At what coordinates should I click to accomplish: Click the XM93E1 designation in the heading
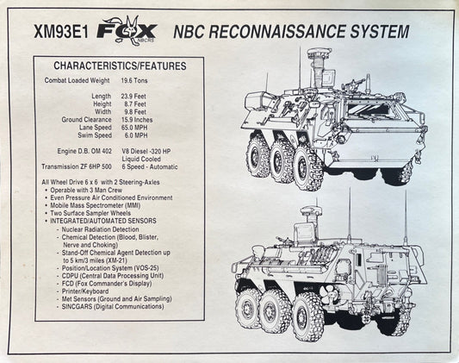61,31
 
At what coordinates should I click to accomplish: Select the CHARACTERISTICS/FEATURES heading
120,66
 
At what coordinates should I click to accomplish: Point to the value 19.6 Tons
134,80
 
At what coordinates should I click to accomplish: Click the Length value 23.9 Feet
133,96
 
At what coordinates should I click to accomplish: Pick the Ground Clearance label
86,120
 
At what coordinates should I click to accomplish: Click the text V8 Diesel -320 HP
146,151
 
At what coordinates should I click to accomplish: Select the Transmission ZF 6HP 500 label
77,166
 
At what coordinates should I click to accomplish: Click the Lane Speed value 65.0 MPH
134,128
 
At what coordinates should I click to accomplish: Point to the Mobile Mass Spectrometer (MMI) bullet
95,205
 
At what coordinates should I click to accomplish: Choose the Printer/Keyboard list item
85,291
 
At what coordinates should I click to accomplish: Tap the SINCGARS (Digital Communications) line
113,306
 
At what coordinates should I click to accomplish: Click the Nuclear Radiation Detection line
100,229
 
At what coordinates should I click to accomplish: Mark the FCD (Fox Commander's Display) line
107,284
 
